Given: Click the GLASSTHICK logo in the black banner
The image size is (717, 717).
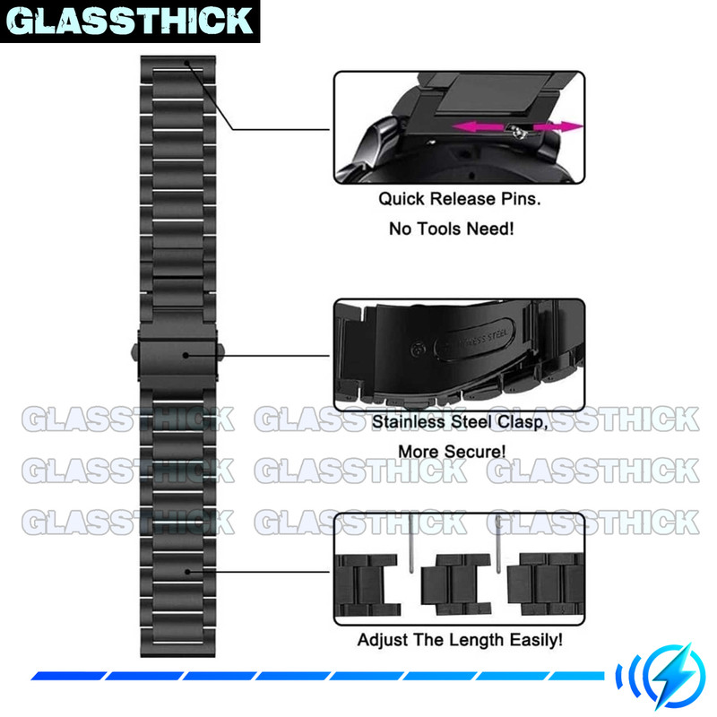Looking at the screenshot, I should click(x=131, y=22).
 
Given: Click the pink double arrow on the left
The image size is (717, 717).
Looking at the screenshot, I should click(x=479, y=128).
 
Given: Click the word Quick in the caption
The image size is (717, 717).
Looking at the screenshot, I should click(x=400, y=199).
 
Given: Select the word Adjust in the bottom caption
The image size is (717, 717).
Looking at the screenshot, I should click(x=380, y=641).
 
